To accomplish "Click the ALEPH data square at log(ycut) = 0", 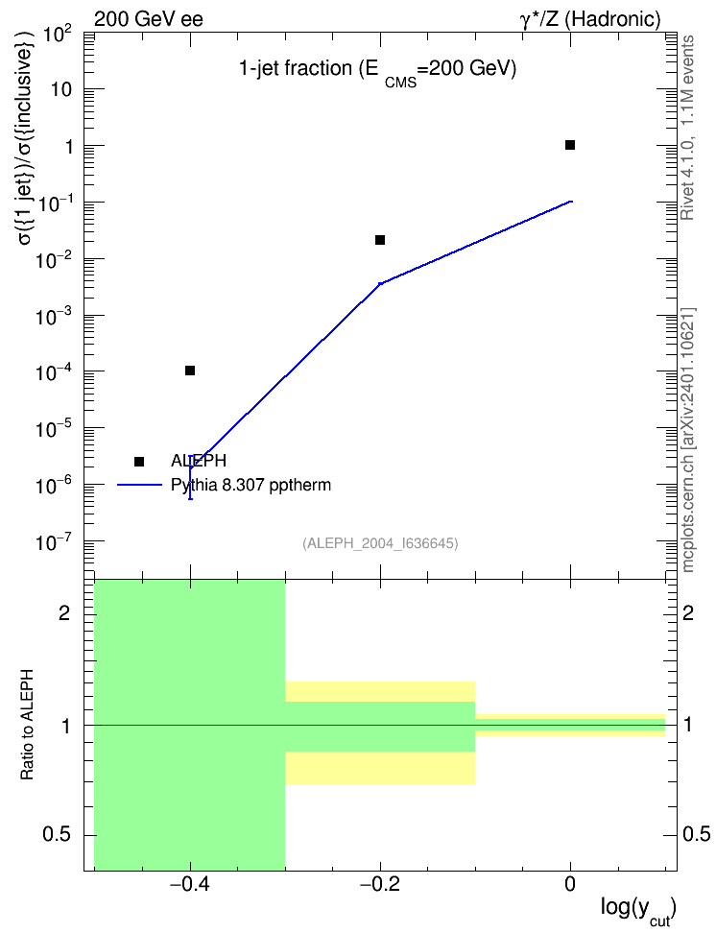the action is [x=570, y=145].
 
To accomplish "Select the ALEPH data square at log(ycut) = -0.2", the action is [x=380, y=240].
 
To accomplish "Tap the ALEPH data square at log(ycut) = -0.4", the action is [x=190, y=371].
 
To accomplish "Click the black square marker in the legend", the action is [x=139, y=462].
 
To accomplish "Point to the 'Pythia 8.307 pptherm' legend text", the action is [x=251, y=485].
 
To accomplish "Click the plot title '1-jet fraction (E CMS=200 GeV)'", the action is [x=377, y=71].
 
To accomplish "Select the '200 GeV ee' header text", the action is [x=149, y=19].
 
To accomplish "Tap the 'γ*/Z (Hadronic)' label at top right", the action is [x=590, y=19].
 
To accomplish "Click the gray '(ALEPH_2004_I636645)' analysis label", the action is [x=380, y=543].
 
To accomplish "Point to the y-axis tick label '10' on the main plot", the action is [x=61, y=89].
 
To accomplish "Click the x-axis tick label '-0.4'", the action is [x=190, y=884].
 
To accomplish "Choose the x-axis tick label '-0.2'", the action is [x=380, y=884].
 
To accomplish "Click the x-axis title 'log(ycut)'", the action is [x=638, y=910].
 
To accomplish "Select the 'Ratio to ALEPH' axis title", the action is [x=27, y=725].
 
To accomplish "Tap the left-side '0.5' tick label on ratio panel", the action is [x=57, y=834].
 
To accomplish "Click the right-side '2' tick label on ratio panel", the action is [x=687, y=613].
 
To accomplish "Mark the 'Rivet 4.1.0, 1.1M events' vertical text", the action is [x=687, y=128].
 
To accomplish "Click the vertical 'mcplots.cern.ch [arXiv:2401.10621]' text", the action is [x=687, y=440].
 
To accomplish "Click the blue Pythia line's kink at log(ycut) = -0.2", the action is [x=380, y=283].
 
